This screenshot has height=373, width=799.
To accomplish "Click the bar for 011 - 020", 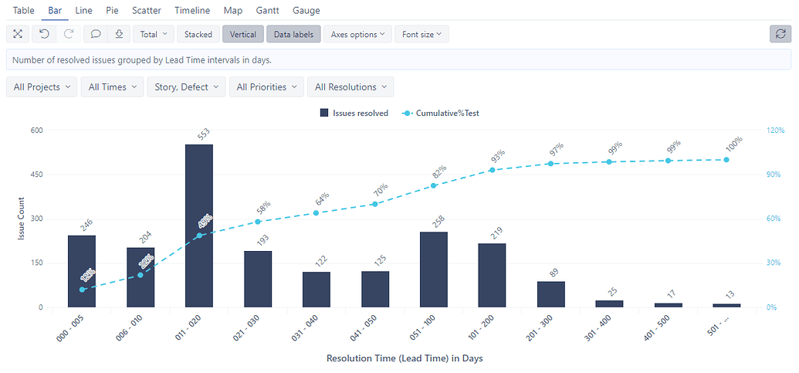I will click(199, 225).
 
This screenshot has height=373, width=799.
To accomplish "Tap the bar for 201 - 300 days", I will click(550, 294).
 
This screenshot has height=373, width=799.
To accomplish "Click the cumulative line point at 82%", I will click(434, 185).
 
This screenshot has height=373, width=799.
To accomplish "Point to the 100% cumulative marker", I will click(726, 160).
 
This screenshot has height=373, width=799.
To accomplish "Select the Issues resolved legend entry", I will click(354, 114).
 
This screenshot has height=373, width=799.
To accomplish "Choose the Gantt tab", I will click(267, 11).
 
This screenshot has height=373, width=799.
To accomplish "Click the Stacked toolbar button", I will click(198, 34).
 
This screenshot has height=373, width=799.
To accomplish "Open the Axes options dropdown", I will click(357, 34).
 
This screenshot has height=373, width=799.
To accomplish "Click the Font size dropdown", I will click(422, 34).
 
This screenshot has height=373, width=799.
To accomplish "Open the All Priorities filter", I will click(267, 87).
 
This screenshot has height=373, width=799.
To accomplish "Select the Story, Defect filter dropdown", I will click(187, 87).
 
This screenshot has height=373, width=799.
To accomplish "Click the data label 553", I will click(204, 134).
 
